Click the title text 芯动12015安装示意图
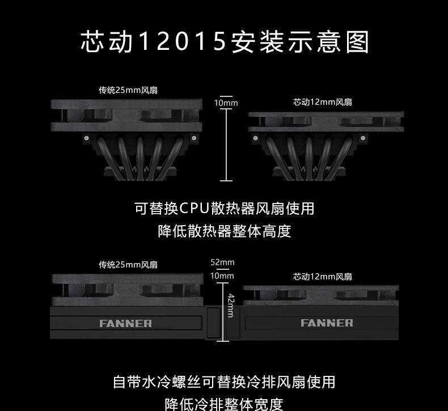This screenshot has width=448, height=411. pos(225,43)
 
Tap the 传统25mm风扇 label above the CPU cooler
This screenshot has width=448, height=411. pos(128,90)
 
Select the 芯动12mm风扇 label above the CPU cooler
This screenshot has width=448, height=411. pos(322,102)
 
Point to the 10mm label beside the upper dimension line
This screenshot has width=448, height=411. pos(226,103)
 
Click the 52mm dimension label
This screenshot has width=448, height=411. pos(222,262)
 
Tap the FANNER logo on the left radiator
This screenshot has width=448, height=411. pos(125,324)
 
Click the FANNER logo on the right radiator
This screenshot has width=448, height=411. pos(327,323)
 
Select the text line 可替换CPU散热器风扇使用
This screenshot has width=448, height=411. pos(224,208)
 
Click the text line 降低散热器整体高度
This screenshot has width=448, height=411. pos(224,231)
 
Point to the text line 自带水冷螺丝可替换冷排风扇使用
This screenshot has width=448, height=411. pos(224,382)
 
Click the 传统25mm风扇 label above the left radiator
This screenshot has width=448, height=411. pos(128,265)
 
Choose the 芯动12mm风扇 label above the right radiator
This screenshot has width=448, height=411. pos(322,277)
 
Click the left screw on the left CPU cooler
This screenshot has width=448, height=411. pos(86,138)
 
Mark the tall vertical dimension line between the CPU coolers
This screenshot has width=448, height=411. pos(226,145)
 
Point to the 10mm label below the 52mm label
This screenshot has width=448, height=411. pos(222,276)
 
